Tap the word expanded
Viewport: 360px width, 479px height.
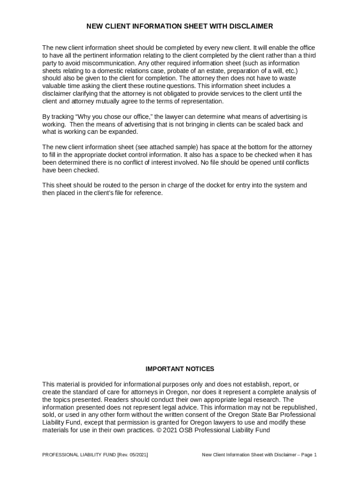pyautogui.click(x=123, y=131)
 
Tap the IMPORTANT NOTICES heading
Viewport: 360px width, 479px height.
pyautogui.click(x=180, y=369)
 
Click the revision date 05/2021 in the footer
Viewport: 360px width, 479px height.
pyautogui.click(x=137, y=455)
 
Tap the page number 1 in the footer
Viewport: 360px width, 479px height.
pyautogui.click(x=316, y=455)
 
